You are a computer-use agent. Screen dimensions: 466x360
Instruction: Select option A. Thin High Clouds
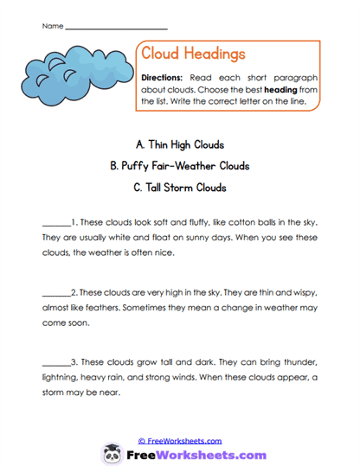180,144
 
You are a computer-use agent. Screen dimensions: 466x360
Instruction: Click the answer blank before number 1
55,221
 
